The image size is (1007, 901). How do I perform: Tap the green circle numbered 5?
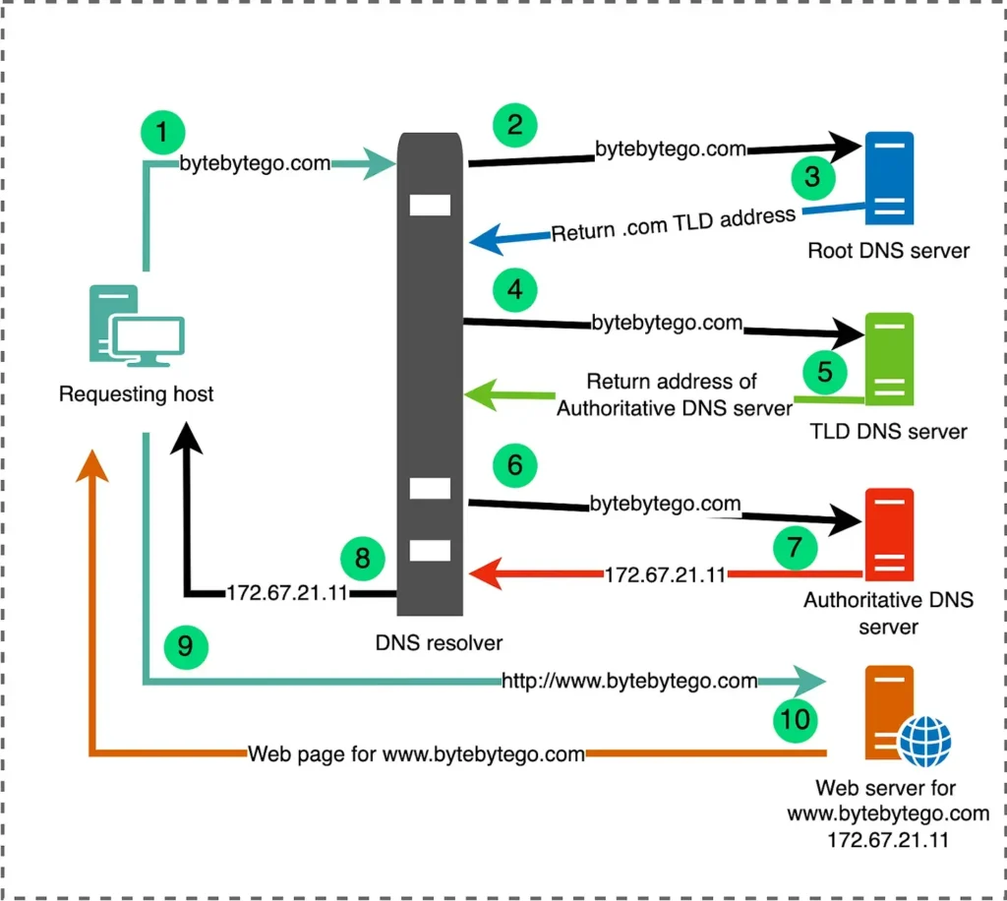[824, 372]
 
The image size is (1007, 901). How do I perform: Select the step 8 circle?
[362, 559]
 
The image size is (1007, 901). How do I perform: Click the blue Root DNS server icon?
[889, 180]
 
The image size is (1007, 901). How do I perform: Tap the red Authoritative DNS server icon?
[889, 537]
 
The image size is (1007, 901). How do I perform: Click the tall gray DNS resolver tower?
[430, 374]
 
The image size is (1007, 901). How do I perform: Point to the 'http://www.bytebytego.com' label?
[629, 681]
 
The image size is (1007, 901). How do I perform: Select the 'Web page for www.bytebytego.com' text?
[416, 754]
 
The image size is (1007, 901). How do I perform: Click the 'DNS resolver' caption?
[439, 643]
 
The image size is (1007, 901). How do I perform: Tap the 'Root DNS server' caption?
[888, 250]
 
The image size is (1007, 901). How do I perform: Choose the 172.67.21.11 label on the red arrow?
[665, 574]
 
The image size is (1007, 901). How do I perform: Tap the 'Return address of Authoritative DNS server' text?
[675, 394]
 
